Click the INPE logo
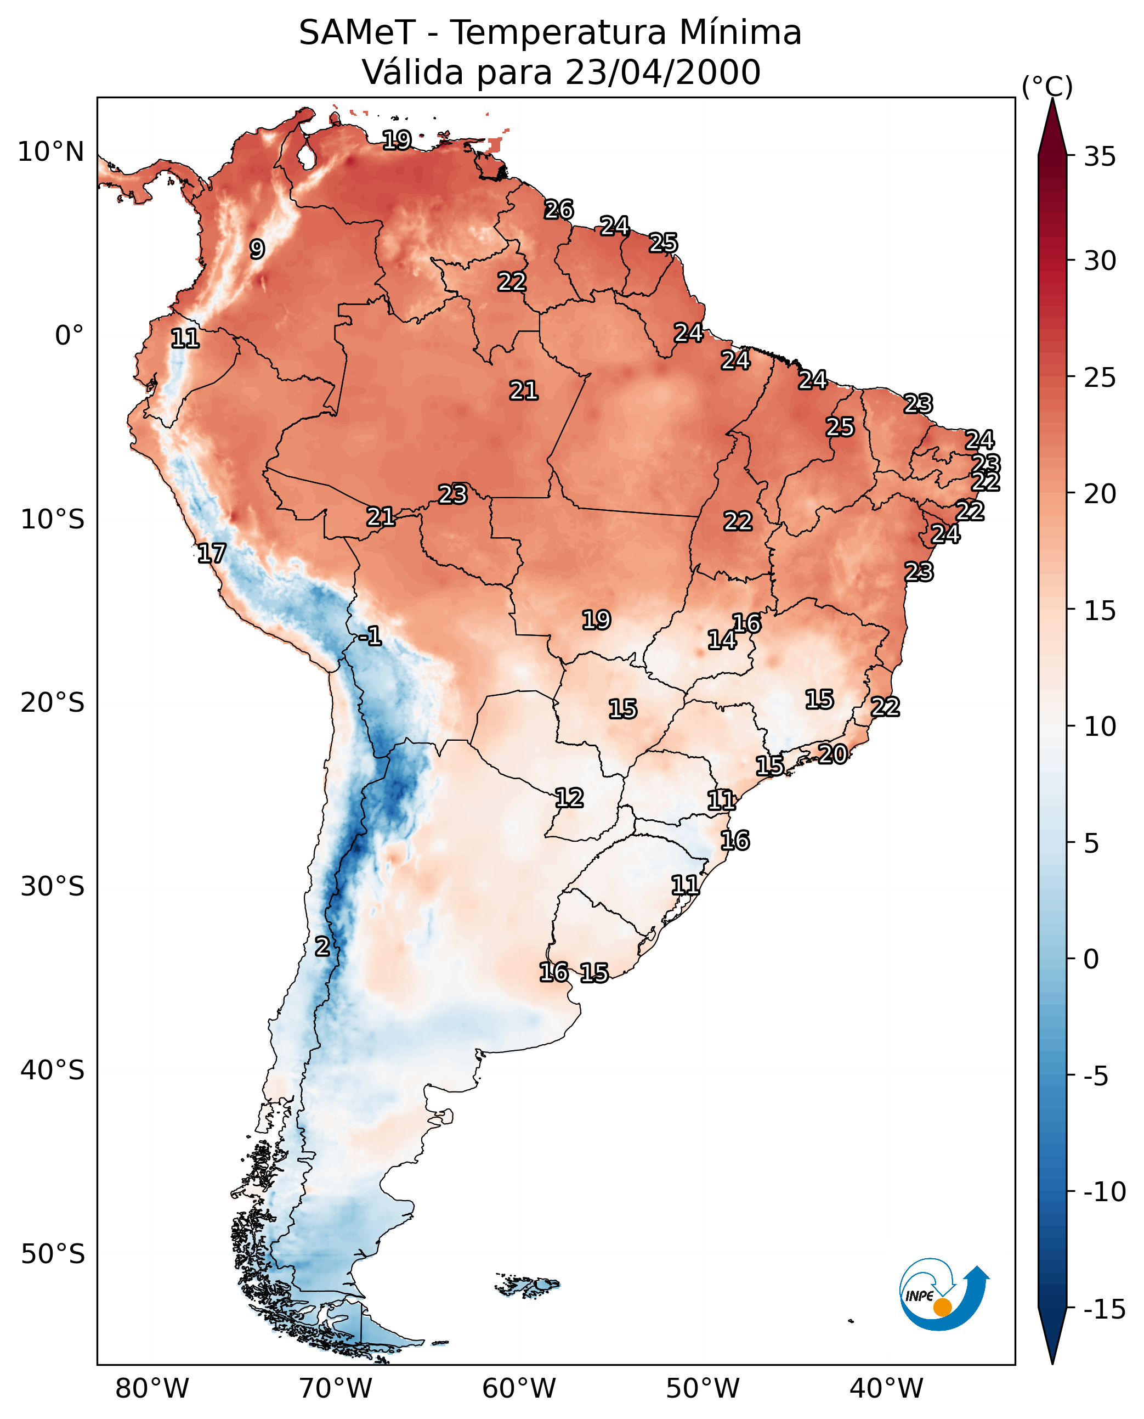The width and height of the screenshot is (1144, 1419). (944, 1294)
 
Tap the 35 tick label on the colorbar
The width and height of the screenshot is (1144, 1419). (1100, 157)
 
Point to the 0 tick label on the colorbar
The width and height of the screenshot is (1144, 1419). (1091, 959)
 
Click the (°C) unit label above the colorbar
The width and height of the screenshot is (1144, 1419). (1047, 86)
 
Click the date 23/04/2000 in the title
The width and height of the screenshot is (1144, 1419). (662, 72)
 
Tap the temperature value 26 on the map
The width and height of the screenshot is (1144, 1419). (559, 210)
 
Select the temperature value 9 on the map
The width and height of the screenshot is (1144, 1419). (257, 249)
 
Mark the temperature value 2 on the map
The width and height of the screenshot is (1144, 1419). (321, 946)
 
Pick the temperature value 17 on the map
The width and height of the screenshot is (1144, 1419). (212, 553)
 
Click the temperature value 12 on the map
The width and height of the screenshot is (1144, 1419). (569, 798)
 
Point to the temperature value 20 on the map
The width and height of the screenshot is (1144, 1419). (833, 754)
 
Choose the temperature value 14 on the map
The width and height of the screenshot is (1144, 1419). (722, 640)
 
